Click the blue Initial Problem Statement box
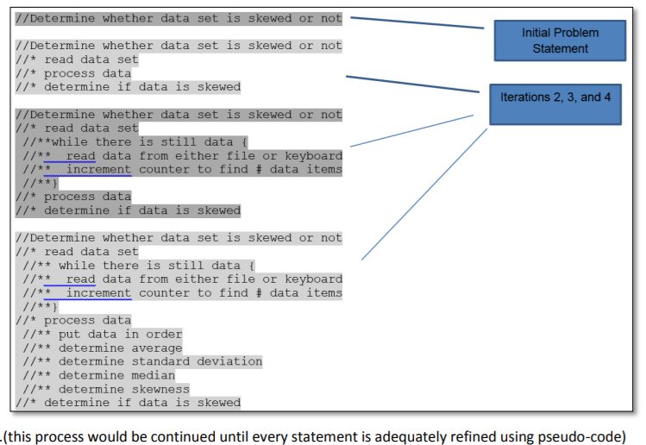[x=560, y=41]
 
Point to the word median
[x=154, y=375]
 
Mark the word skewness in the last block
[x=160, y=389]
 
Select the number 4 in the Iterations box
[x=606, y=97]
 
